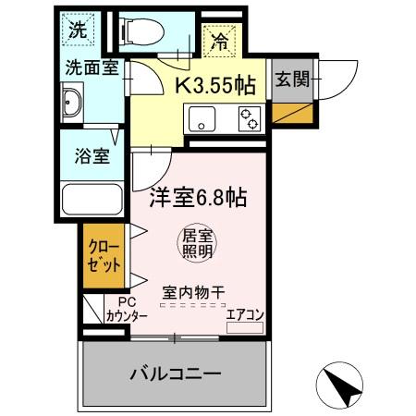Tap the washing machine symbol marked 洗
[x=80, y=29]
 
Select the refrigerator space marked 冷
[x=221, y=41]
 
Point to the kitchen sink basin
[x=201, y=117]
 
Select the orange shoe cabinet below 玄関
[x=291, y=115]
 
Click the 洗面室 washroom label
[x=92, y=67]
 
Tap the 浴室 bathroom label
[x=92, y=155]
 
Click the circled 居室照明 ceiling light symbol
[x=196, y=243]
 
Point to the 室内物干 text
[x=194, y=292]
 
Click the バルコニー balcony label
[x=174, y=374]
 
